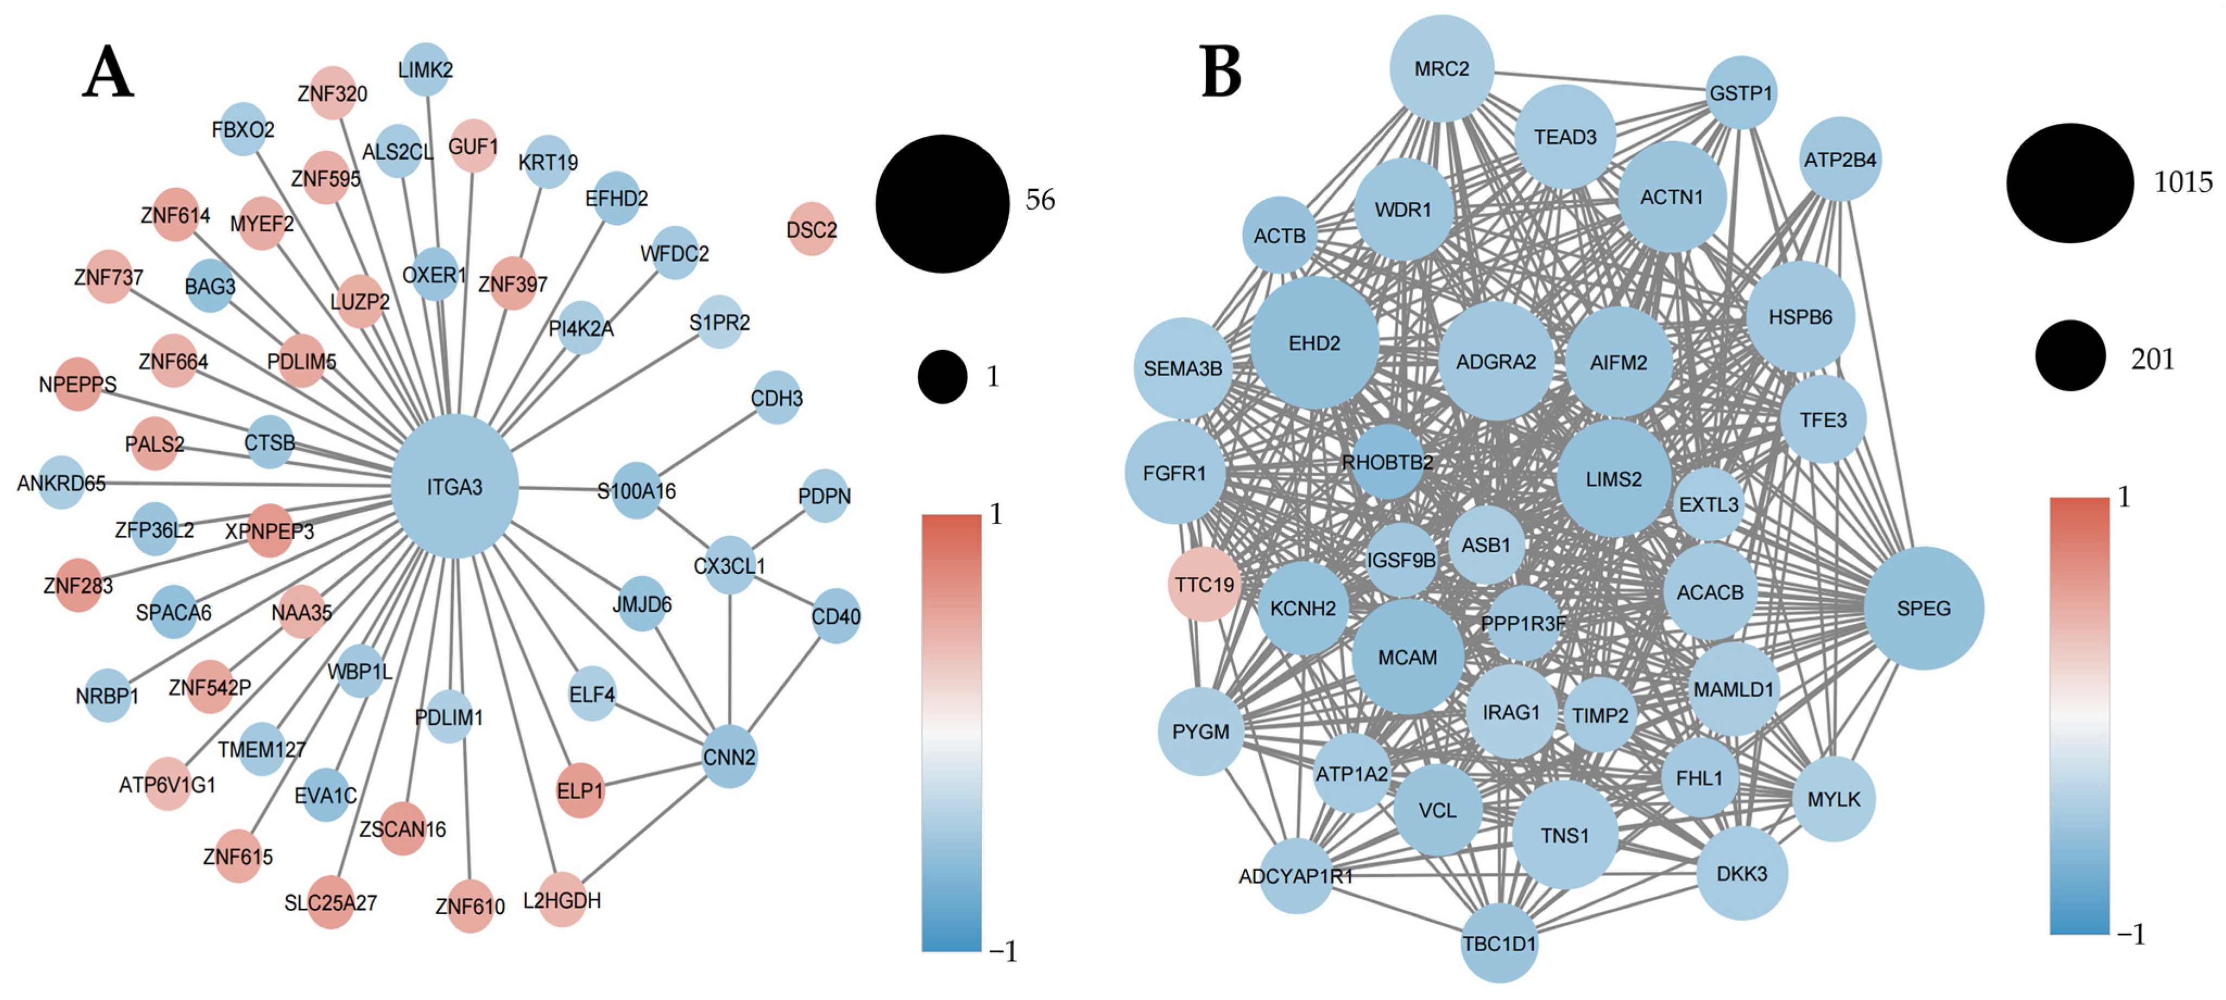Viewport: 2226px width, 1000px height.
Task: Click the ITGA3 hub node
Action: click(x=454, y=486)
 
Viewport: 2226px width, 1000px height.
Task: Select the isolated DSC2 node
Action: click(x=812, y=229)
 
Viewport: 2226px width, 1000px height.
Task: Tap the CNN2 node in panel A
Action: click(x=729, y=757)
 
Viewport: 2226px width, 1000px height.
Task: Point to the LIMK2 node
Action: click(x=425, y=69)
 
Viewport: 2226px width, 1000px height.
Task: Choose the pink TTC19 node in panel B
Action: click(x=1204, y=584)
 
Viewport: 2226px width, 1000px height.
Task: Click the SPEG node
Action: click(x=1924, y=607)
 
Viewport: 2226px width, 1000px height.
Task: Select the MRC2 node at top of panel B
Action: click(x=1441, y=68)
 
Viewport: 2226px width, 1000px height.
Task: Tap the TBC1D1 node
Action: click(x=1499, y=943)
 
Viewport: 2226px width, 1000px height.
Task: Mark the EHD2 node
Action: click(x=1314, y=343)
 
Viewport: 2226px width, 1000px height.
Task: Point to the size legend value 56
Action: click(x=1040, y=200)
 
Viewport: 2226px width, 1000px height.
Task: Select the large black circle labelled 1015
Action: click(x=2070, y=182)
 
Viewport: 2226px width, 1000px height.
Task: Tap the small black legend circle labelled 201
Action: click(x=2070, y=355)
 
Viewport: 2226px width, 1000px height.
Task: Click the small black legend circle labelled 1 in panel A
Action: click(x=942, y=376)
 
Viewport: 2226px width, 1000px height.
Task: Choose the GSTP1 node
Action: click(x=1741, y=92)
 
